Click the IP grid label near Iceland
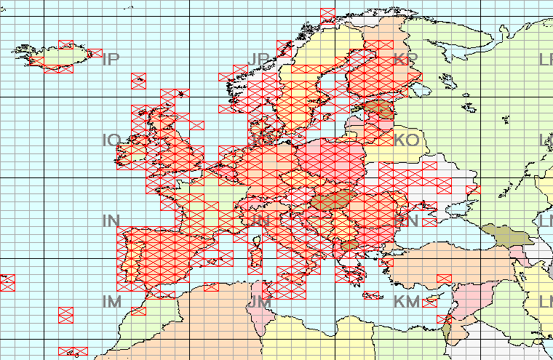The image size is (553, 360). coord(111,59)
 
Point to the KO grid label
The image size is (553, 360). coord(406,140)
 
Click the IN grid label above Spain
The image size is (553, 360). coord(111,220)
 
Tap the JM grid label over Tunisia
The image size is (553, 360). coord(260,301)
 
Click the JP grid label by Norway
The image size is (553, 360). coord(260,59)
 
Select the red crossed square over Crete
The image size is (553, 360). coord(372,295)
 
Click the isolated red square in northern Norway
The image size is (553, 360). coord(327,14)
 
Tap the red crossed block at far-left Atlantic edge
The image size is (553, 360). coord(7,283)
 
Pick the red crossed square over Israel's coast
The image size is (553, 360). coord(444,319)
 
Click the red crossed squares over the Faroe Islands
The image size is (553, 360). coord(138,81)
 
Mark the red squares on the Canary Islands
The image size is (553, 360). coord(73,351)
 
